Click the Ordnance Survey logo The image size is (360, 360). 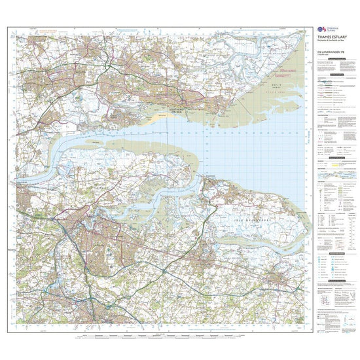[x=321, y=31]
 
